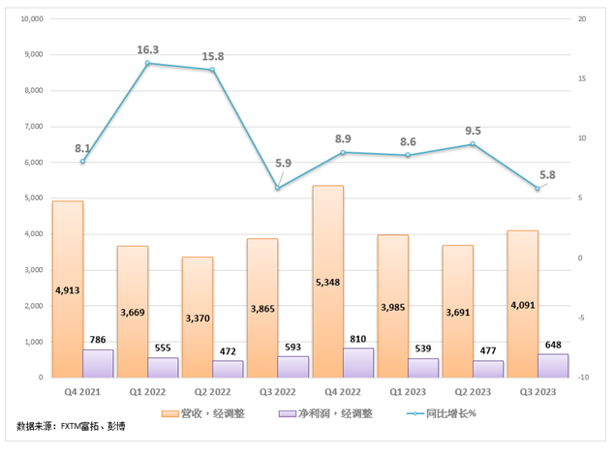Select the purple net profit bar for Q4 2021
pyautogui.click(x=98, y=364)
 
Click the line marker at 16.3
pyautogui.click(x=147, y=64)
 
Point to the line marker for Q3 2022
pyautogui.click(x=277, y=188)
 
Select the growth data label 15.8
pyautogui.click(x=211, y=57)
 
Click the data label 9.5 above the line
pyautogui.click(x=473, y=129)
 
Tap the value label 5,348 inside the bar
pyautogui.click(x=327, y=283)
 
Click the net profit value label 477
pyautogui.click(x=488, y=347)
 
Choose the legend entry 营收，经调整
pyautogui.click(x=208, y=413)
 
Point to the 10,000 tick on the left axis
pyautogui.click(x=31, y=18)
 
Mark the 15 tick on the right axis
pyautogui.click(x=583, y=78)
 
